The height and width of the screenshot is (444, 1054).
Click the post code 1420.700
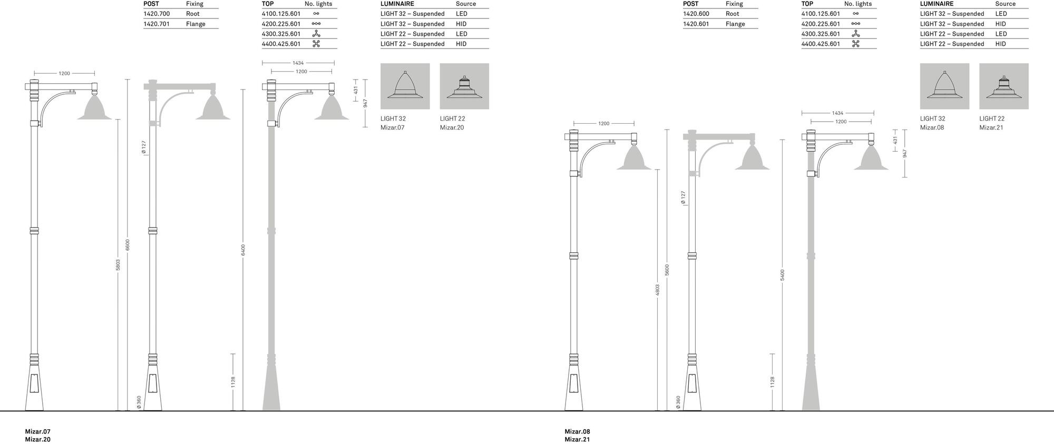click(157, 14)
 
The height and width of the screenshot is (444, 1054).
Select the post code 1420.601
click(696, 24)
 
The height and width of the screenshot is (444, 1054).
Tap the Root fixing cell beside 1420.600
click(733, 14)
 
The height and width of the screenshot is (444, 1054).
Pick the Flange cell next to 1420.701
click(196, 24)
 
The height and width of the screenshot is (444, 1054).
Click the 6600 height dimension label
click(128, 245)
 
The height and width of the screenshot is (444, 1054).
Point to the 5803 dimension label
click(118, 265)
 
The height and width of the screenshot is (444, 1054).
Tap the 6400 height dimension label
click(243, 250)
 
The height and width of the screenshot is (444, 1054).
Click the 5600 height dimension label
click(667, 270)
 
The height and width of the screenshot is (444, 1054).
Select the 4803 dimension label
click(658, 290)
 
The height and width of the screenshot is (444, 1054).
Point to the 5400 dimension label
click(783, 275)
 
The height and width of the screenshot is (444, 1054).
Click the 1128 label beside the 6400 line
click(233, 382)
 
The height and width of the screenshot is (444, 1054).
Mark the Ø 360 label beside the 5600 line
click(678, 402)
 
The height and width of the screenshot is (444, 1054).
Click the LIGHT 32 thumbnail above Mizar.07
click(405, 86)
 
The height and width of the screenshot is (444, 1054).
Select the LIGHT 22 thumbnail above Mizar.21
click(1004, 86)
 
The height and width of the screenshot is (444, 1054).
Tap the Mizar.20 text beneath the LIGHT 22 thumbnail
click(452, 127)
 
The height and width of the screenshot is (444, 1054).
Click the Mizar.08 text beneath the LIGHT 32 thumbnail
click(932, 127)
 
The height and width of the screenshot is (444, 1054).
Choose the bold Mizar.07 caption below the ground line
click(38, 431)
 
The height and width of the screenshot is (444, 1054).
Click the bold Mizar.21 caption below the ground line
click(577, 439)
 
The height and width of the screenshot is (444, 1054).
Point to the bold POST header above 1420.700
click(151, 4)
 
